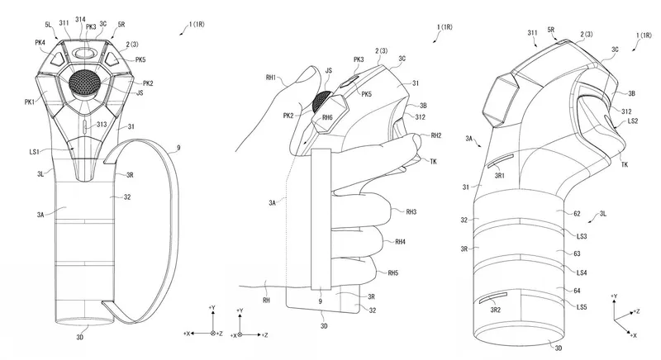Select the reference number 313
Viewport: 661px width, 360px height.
(x=102, y=124)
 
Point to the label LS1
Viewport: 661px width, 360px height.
(x=34, y=150)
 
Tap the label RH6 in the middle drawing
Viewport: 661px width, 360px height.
(x=327, y=117)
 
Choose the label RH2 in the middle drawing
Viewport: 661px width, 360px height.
(x=435, y=135)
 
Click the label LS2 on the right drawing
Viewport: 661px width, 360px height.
(x=633, y=121)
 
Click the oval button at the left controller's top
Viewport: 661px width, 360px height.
(x=83, y=52)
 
